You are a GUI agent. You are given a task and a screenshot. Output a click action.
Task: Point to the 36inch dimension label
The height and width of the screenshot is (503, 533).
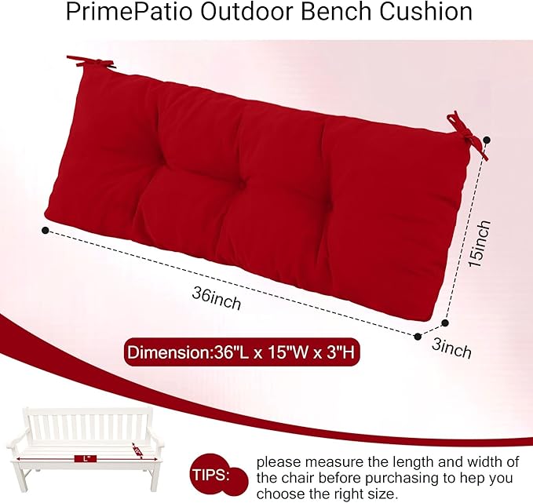pos(216,296)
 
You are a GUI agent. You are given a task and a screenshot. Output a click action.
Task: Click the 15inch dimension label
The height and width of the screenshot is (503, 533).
pos(480,244)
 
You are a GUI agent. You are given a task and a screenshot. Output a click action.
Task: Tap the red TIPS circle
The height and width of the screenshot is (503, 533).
pos(210,474)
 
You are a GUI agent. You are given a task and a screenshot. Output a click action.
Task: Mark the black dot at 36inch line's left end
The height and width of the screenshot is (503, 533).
pos(45,230)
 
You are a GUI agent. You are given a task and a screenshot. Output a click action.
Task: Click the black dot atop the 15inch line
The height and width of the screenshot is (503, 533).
pos(487,140)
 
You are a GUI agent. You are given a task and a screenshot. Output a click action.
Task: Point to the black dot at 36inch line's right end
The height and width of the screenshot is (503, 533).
pos(418,335)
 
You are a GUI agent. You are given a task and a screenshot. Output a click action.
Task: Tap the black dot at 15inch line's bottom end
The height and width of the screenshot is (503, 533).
pos(445,322)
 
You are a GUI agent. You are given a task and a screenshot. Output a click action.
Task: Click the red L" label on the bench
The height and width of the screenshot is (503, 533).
pos(84,457)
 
